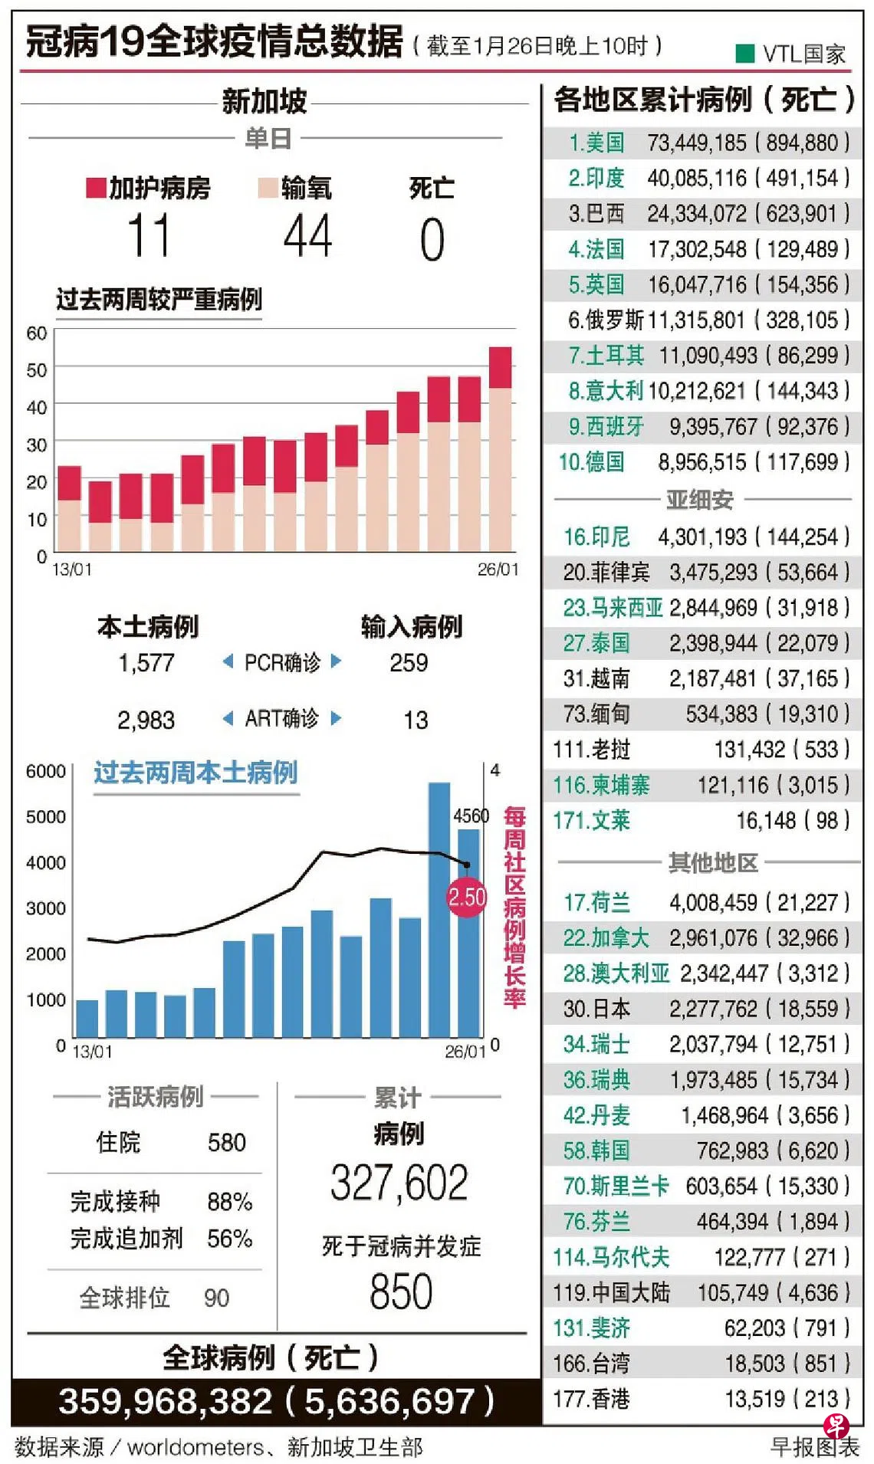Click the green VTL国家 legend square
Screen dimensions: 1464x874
(744, 54)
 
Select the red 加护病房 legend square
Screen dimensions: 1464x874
(96, 188)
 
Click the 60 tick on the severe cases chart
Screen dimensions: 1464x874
(36, 333)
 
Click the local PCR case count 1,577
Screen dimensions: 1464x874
(146, 663)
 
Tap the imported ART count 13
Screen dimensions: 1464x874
(416, 720)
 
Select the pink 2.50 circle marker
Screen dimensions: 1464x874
(467, 897)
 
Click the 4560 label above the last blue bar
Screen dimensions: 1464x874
(471, 816)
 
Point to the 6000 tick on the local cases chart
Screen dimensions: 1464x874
(46, 771)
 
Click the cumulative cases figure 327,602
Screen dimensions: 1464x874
(399, 1183)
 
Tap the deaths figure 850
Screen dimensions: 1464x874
(401, 1292)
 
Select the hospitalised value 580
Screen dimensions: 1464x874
(227, 1143)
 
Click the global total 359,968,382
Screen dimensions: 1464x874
(166, 1402)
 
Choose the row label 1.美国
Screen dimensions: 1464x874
(596, 143)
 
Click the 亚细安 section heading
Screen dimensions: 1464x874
(699, 500)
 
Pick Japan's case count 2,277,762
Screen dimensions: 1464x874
(713, 1009)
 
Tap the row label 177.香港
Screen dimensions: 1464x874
(591, 1400)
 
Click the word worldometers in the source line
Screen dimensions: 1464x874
(195, 1447)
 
